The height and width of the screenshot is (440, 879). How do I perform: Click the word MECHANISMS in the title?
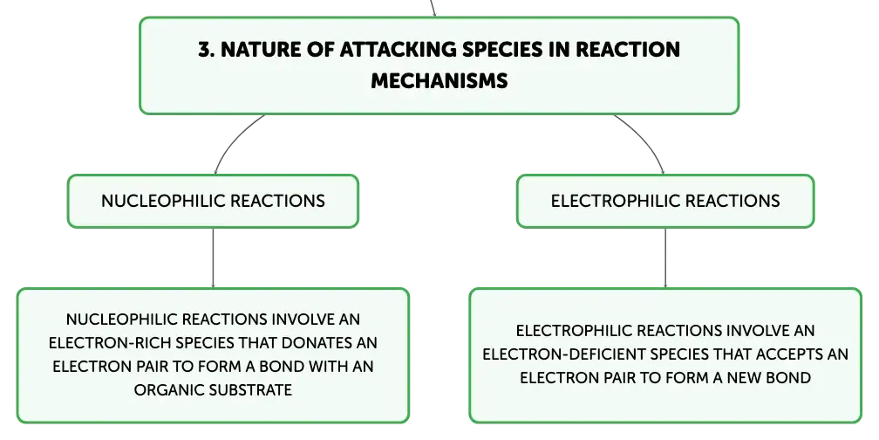point(439,81)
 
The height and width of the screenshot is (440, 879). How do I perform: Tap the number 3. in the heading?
point(207,50)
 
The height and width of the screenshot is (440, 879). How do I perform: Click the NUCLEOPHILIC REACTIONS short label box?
point(213,201)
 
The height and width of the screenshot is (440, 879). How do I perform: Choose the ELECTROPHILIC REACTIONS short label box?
point(665,201)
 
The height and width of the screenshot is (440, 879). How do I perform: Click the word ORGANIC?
point(161,389)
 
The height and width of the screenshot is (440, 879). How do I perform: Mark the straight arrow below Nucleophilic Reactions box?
point(213,258)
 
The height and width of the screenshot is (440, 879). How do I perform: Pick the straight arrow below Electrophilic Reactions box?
point(665,258)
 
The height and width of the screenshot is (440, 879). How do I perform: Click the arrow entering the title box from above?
point(433,9)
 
